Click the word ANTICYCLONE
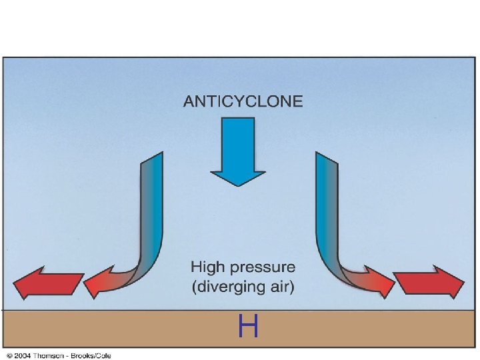pyautogui.click(x=243, y=101)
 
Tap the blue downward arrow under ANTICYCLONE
pyautogui.click(x=238, y=150)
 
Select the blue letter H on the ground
pyautogui.click(x=248, y=327)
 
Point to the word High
pyautogui.click(x=209, y=268)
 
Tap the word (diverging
pyautogui.click(x=227, y=288)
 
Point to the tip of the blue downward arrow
pyautogui.click(x=238, y=185)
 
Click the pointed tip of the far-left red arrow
pyautogui.click(x=15, y=284)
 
